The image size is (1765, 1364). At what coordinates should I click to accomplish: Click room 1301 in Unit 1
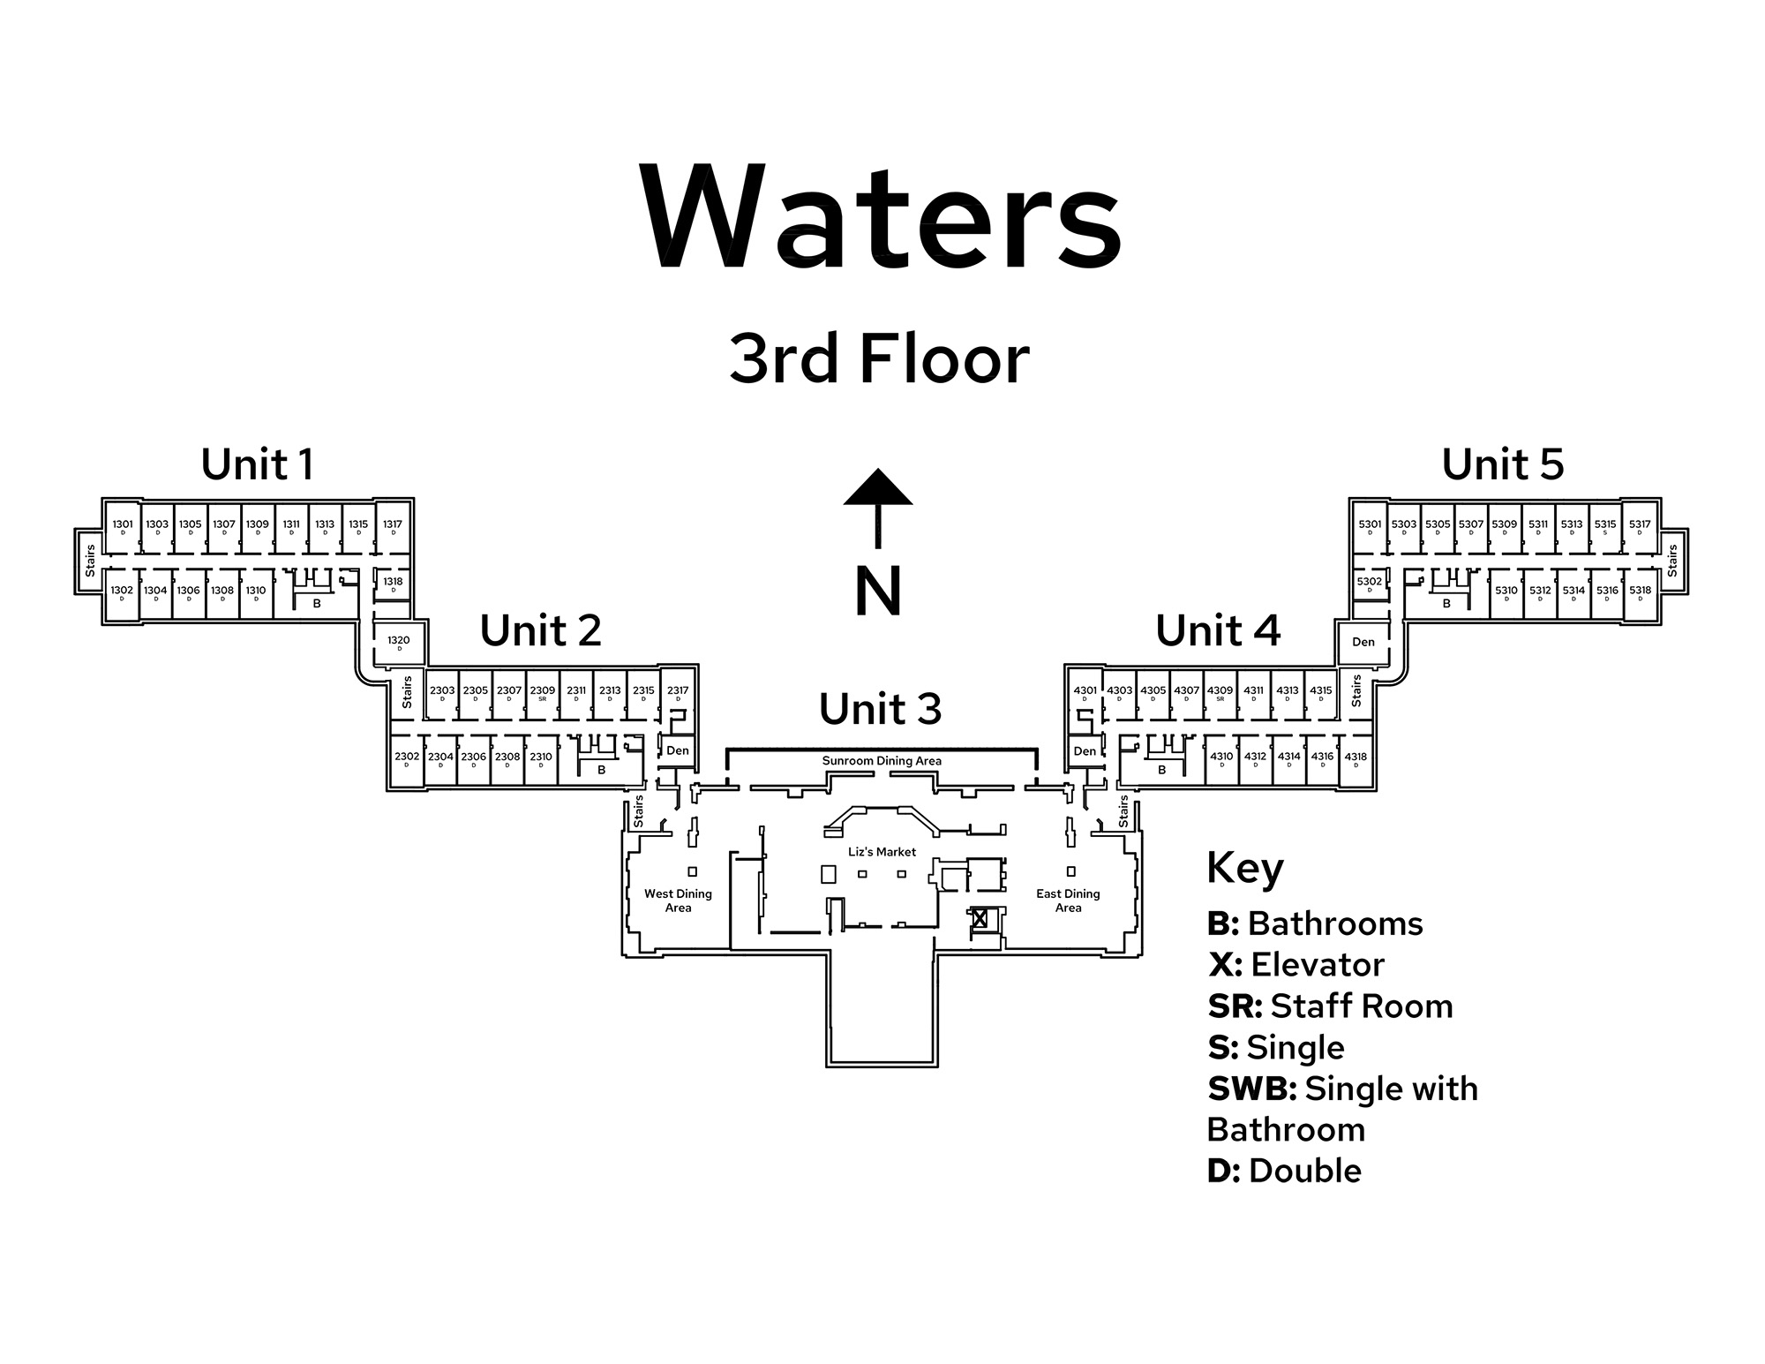click(123, 527)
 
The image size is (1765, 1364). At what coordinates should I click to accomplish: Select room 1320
click(399, 643)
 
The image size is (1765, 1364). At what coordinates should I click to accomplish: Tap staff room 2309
click(543, 693)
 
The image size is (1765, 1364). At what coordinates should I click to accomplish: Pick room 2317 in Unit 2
click(678, 693)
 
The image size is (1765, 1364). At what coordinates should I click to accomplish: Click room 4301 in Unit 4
click(1085, 693)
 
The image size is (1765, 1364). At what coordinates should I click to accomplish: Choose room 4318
click(1356, 759)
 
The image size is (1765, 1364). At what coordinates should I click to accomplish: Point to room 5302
click(1370, 584)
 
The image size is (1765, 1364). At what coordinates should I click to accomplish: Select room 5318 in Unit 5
click(1640, 593)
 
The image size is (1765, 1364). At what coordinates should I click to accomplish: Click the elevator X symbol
click(980, 917)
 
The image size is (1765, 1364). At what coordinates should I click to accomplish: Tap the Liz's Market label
click(882, 852)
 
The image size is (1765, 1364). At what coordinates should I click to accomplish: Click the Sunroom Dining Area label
click(882, 761)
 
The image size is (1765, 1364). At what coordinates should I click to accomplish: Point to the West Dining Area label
click(678, 901)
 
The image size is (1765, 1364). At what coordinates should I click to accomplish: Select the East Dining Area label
click(1068, 901)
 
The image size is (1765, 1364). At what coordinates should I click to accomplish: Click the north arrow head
click(877, 487)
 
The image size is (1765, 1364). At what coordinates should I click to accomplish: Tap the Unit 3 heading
click(880, 709)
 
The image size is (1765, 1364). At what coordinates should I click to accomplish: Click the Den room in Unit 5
click(1363, 642)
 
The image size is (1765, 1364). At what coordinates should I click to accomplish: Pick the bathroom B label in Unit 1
click(317, 604)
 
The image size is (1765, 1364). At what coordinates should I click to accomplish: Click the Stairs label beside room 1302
click(90, 561)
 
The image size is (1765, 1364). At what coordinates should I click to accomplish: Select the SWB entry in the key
click(1251, 1089)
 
